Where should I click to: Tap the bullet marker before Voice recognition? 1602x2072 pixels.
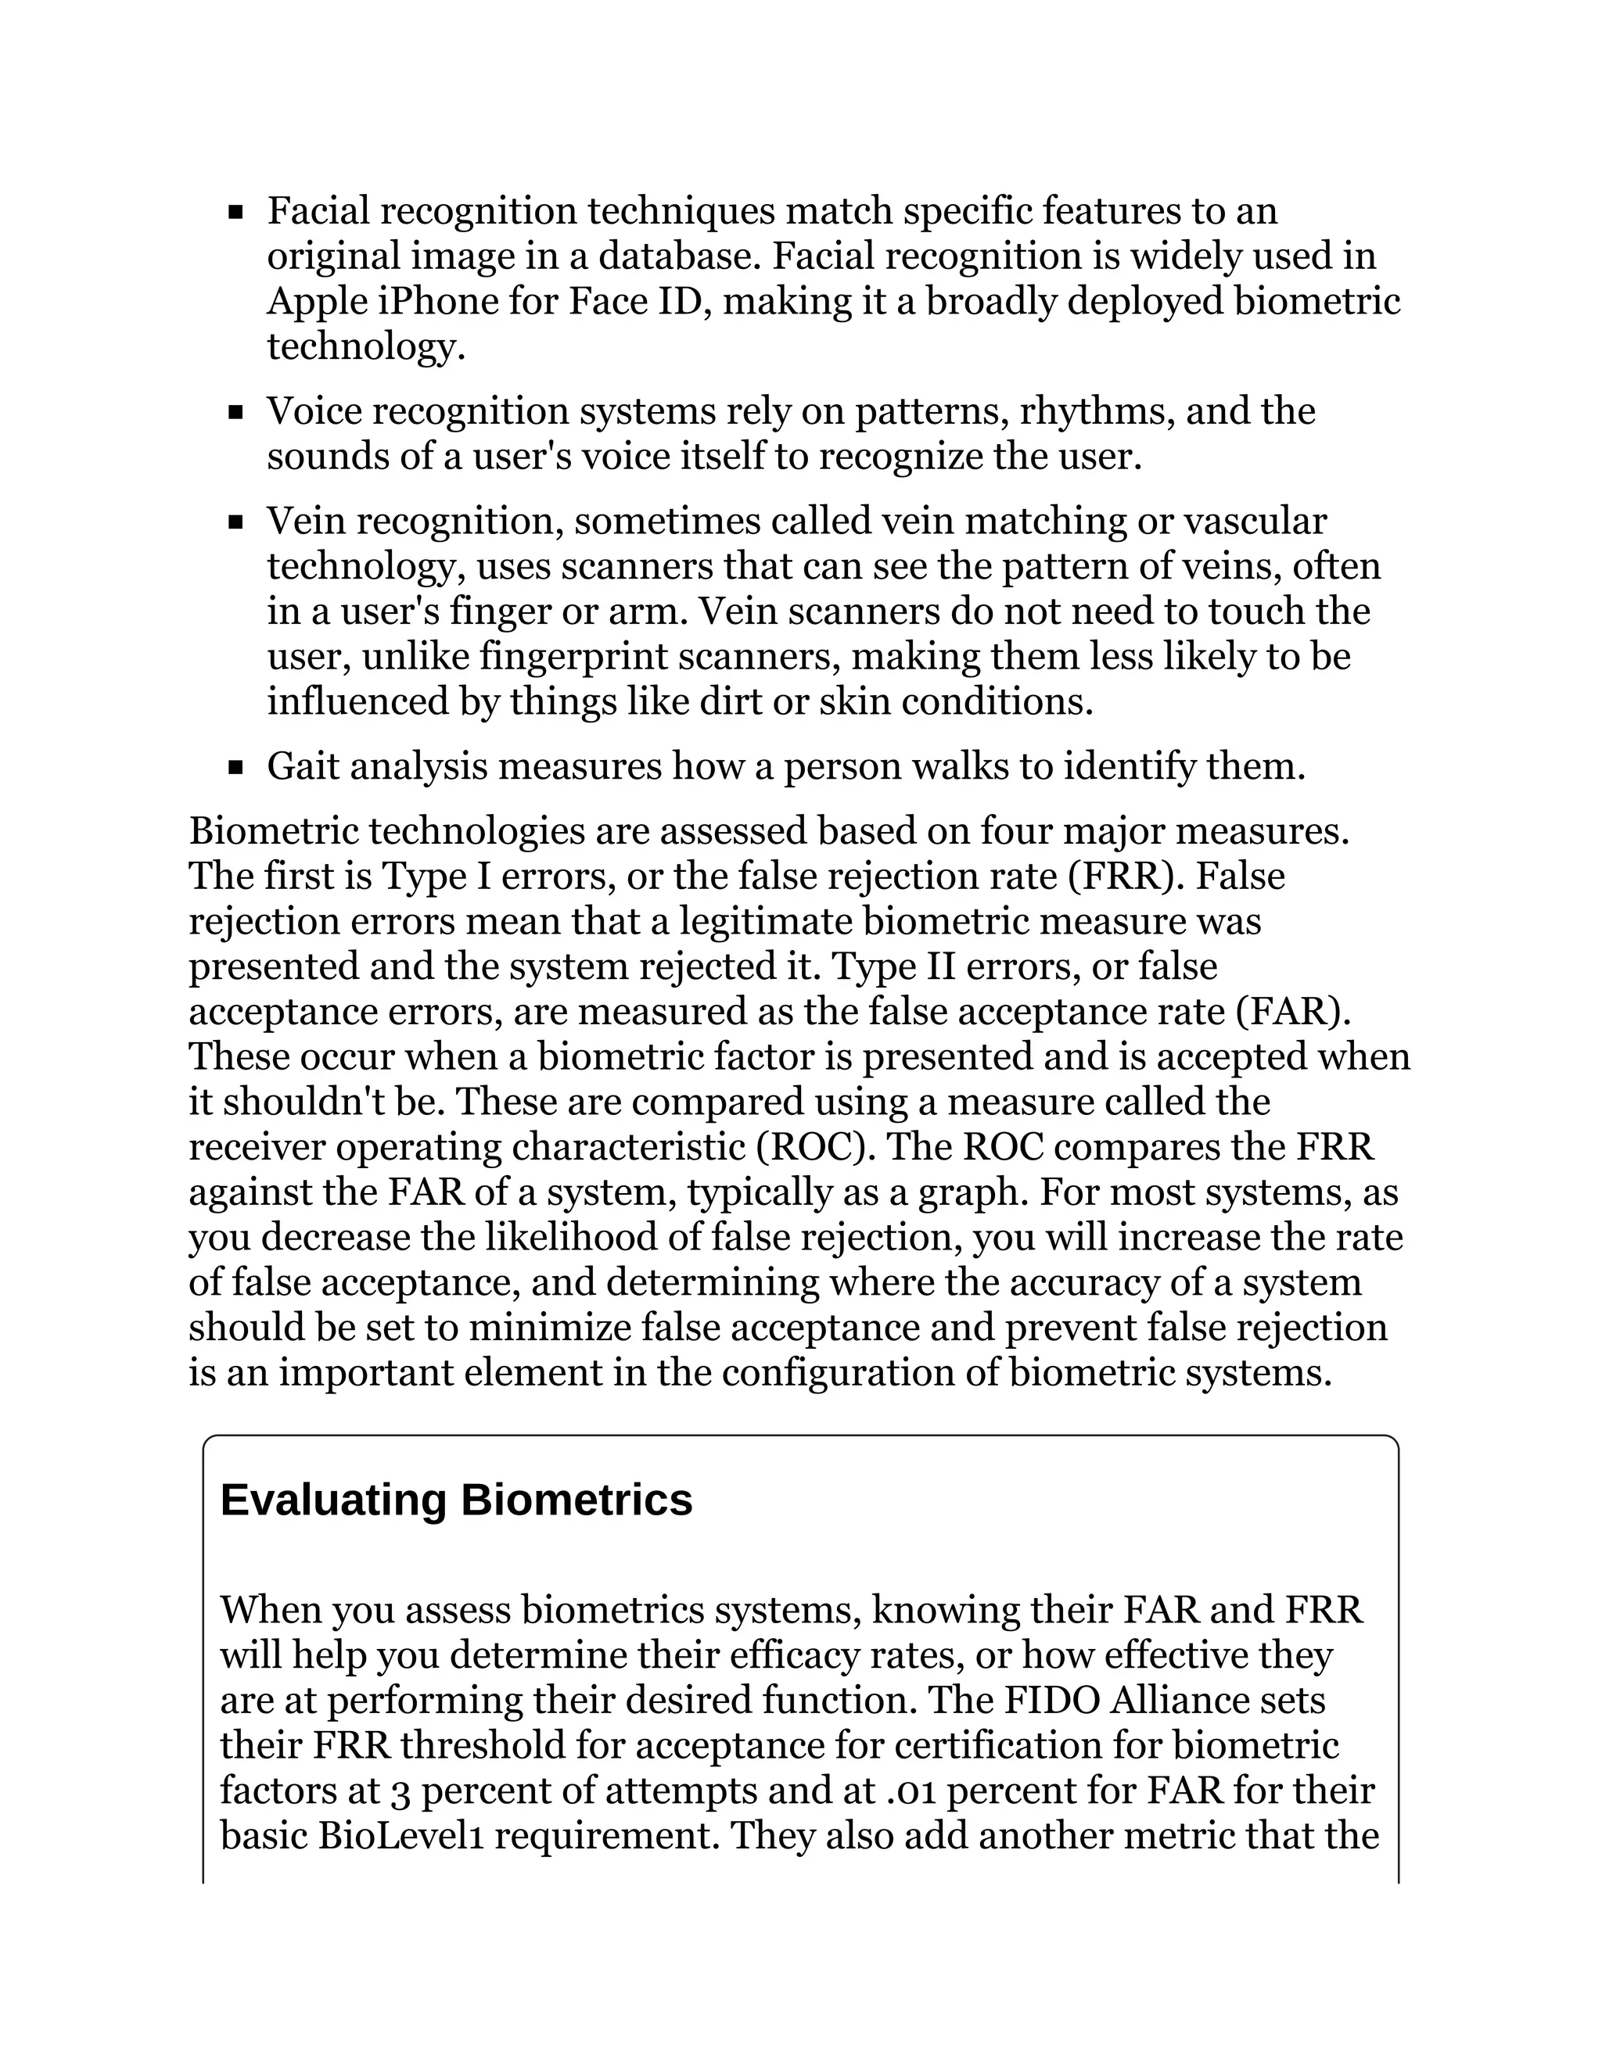236,413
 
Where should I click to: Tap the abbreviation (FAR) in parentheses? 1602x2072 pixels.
1292,1011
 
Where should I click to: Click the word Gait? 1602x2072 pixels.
303,766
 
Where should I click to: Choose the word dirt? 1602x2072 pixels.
738,702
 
